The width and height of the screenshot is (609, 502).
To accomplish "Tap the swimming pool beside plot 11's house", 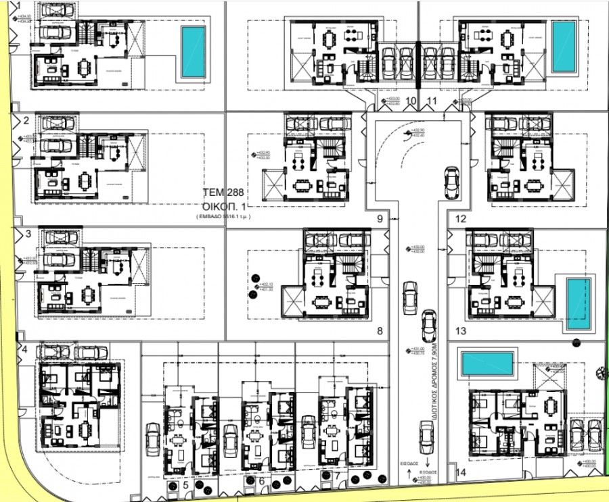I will point(564,47).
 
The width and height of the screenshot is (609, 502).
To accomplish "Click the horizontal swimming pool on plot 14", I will point(487,364).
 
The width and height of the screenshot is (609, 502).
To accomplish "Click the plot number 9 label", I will point(380,219).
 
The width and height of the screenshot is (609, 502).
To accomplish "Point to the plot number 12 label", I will point(461,219).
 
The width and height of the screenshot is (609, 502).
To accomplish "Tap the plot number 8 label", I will point(380,331).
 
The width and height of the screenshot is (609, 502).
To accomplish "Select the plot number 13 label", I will point(461,331).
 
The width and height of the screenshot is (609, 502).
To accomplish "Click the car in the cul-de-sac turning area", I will point(450,182).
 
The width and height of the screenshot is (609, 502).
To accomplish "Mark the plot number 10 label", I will point(412,102).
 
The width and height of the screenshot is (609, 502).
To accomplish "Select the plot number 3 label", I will point(27,234).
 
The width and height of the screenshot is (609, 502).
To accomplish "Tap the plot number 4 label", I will point(25,349).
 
